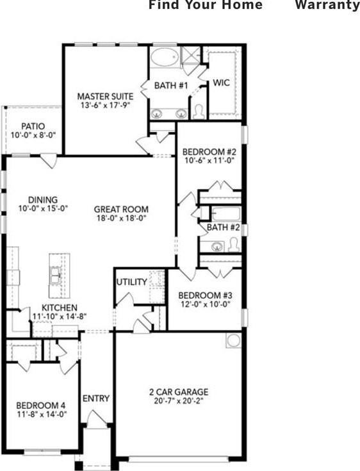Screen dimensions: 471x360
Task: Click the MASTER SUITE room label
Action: click(x=105, y=95)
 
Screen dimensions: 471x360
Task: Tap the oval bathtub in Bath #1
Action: click(x=165, y=60)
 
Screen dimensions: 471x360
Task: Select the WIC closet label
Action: click(x=221, y=83)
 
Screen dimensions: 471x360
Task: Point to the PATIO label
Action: click(x=33, y=126)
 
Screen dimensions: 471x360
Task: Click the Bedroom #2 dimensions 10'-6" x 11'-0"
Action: click(x=209, y=162)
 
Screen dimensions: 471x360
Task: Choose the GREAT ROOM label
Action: click(x=121, y=209)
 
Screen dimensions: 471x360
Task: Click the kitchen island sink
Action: click(x=56, y=276)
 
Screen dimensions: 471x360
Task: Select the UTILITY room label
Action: click(x=131, y=282)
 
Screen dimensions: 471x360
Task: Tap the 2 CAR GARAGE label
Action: click(x=179, y=392)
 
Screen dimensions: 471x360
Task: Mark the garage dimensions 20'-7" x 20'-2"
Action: click(x=179, y=402)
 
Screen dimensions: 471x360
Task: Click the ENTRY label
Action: click(x=96, y=399)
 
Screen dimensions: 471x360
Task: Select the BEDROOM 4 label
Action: click(x=41, y=405)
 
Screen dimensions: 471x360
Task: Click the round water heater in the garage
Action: click(x=234, y=340)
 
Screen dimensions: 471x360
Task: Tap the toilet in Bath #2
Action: click(x=233, y=244)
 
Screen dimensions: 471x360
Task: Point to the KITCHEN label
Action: click(x=60, y=308)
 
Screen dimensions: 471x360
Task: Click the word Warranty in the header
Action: click(x=327, y=5)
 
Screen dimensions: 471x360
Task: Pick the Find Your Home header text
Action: click(x=205, y=5)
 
